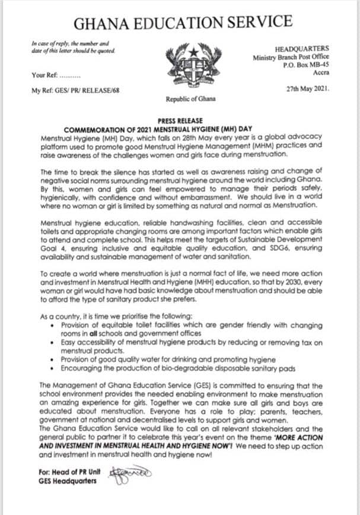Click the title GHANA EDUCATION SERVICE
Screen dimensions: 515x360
[x=182, y=23]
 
